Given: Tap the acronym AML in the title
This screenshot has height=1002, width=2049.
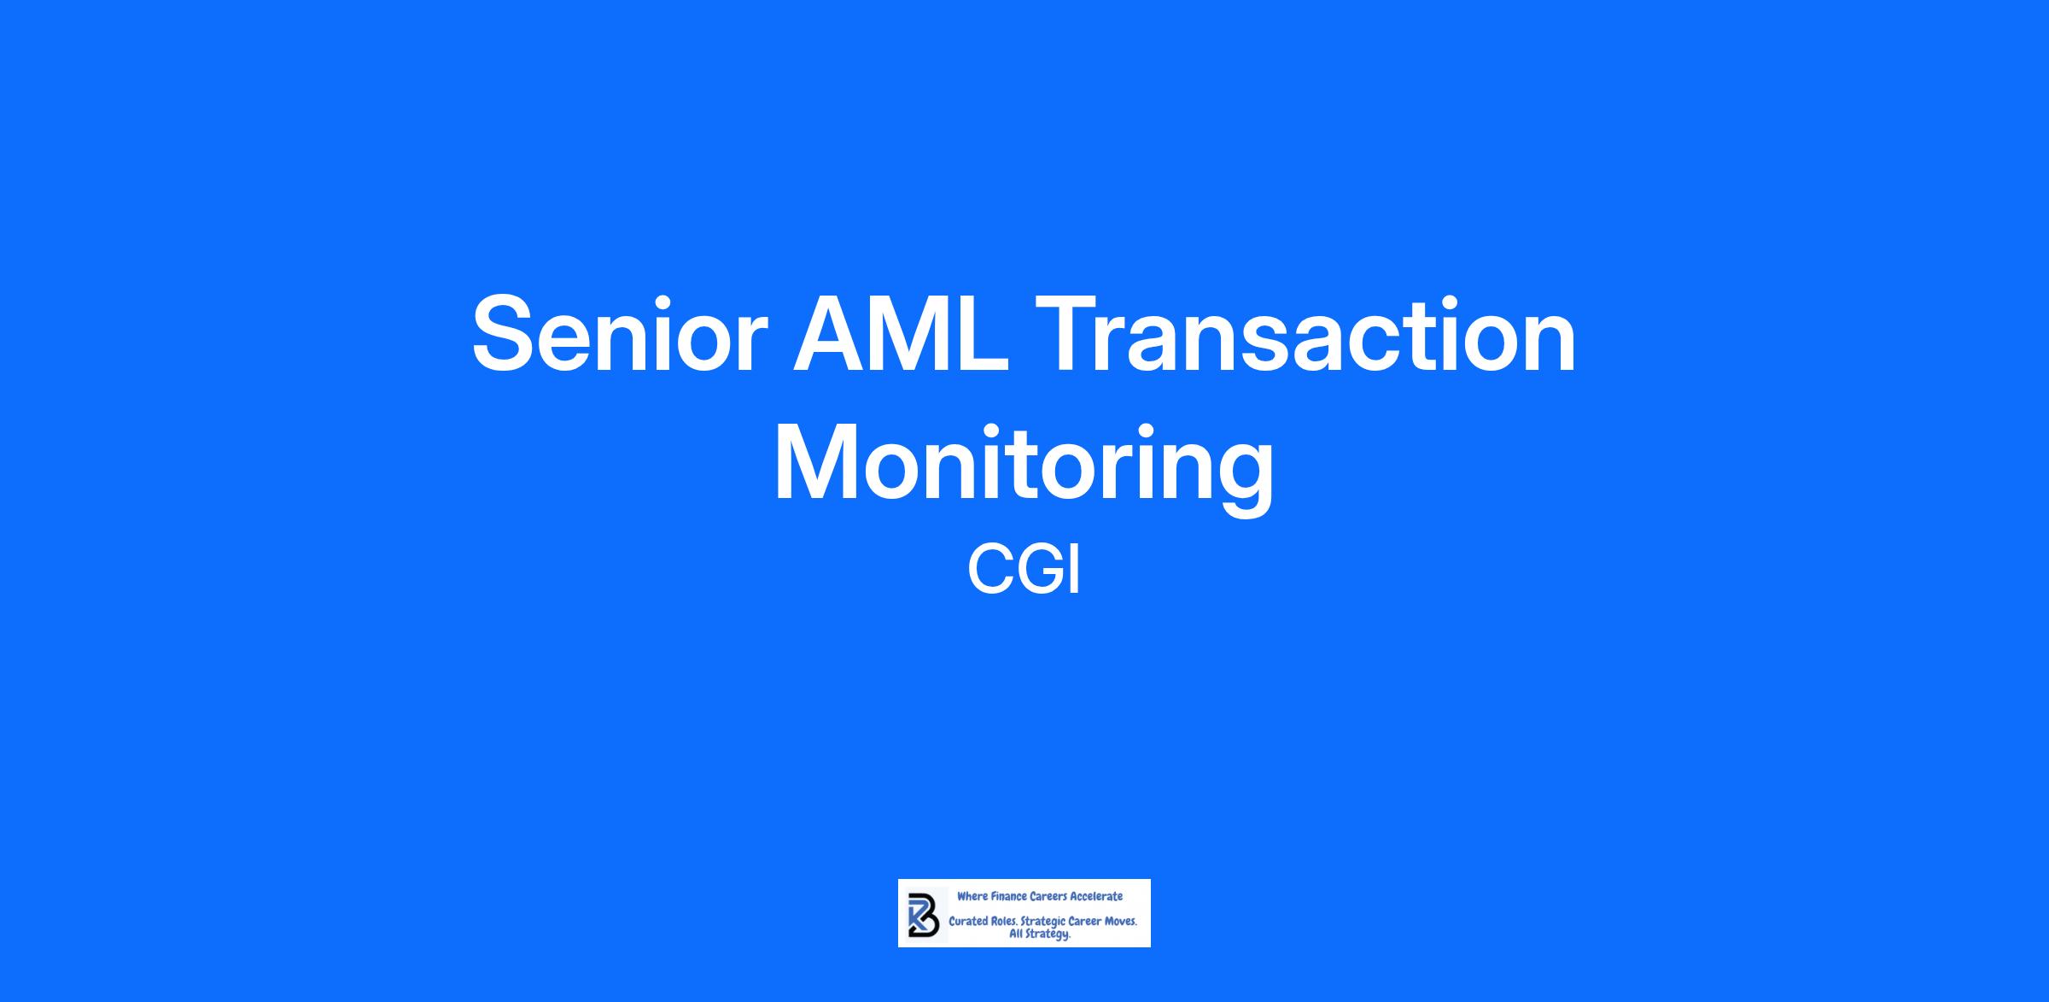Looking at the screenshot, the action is [901, 333].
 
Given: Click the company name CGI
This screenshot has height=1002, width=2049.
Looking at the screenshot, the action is [1024, 570].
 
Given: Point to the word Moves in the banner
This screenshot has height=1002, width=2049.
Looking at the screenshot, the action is [1120, 923].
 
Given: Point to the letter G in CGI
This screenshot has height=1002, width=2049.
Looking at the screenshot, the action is [1036, 570].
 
